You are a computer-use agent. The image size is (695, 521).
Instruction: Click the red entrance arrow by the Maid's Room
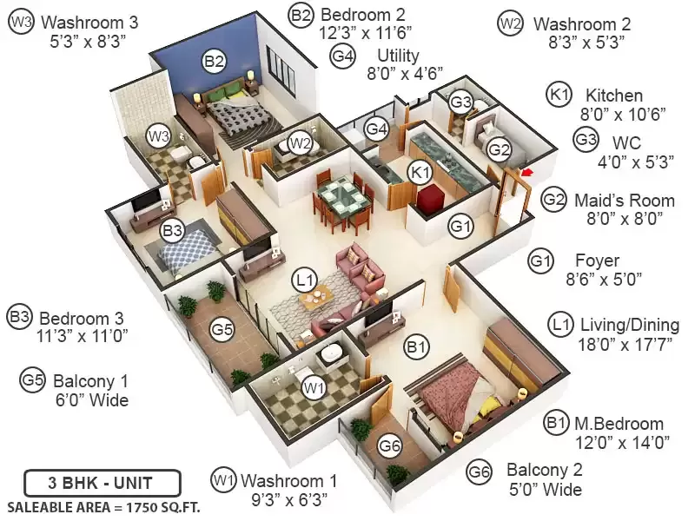point(526,172)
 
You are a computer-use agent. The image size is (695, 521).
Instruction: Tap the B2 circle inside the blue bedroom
point(214,61)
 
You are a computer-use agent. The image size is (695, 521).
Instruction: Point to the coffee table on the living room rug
point(316,296)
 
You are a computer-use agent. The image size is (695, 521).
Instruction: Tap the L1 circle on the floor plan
point(305,280)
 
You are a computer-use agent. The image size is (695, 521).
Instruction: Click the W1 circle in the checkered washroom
point(314,388)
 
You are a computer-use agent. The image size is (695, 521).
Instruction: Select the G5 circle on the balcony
point(222,330)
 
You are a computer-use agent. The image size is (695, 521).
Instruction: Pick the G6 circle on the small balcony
point(390,445)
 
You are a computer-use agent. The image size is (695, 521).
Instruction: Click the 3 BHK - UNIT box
point(103,483)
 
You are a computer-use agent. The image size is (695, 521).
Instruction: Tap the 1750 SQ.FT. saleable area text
point(162,507)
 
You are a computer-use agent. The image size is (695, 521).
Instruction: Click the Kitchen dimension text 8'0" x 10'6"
point(623,115)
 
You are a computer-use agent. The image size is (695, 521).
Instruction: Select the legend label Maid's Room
point(625,201)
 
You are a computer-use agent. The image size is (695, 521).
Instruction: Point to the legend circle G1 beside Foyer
point(540,261)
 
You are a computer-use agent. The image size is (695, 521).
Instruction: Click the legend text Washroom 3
point(89,23)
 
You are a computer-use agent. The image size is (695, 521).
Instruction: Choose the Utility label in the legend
point(398,56)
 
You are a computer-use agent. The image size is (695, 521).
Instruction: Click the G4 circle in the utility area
point(376,129)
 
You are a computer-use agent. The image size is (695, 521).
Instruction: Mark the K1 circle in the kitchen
point(420,171)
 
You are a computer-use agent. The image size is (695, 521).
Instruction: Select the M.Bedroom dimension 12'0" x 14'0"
point(622,443)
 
